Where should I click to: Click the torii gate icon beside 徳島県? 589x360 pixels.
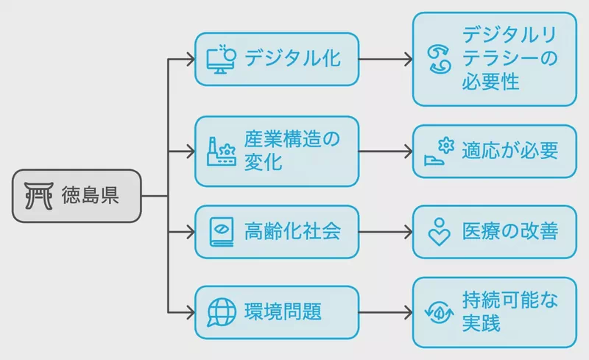[x=39, y=195]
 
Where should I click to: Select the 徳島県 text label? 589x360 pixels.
[x=90, y=195]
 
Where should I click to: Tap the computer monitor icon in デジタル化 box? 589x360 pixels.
[x=222, y=60]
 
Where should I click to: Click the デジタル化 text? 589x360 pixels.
[x=292, y=59]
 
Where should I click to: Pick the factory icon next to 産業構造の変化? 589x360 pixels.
[x=222, y=152]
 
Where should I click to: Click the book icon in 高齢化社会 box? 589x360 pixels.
[x=222, y=232]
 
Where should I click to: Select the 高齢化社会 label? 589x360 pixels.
[x=292, y=231]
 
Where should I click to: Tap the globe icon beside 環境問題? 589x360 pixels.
[x=222, y=312]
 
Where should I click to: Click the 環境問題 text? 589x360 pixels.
[x=283, y=312]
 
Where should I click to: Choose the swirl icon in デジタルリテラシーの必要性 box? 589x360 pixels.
[x=439, y=59]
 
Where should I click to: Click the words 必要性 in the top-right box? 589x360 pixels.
[x=490, y=82]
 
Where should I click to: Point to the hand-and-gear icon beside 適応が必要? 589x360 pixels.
[x=439, y=151]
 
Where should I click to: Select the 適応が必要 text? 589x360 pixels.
[x=510, y=151]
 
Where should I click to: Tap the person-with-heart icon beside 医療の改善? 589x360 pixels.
[x=439, y=232]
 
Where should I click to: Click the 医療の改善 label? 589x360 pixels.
[x=510, y=231]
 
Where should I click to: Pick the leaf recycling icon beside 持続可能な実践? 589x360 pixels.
[x=439, y=312]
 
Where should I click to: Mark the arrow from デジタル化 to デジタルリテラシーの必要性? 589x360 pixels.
[x=386, y=60]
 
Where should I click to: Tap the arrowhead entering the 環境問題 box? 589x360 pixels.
[x=191, y=312]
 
